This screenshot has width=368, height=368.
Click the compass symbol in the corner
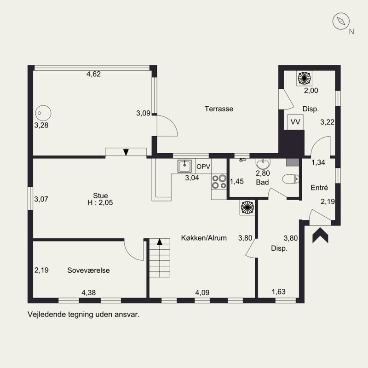pyautogui.click(x=341, y=21)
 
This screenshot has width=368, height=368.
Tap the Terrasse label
pyautogui.click(x=219, y=109)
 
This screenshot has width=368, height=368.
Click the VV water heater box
pyautogui.click(x=295, y=122)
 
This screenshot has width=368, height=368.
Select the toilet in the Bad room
pyautogui.click(x=291, y=179)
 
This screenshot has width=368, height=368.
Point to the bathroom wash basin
pyautogui.click(x=263, y=164)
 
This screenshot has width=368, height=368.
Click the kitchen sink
pyautogui.click(x=184, y=166)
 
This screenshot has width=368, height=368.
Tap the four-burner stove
pyautogui.click(x=219, y=182)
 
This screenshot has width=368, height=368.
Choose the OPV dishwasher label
pyautogui.click(x=203, y=167)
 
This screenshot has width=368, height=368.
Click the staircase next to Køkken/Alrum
pyautogui.click(x=160, y=258)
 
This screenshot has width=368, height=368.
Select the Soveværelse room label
pyautogui.click(x=88, y=270)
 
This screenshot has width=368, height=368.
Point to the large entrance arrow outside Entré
pyautogui.click(x=320, y=235)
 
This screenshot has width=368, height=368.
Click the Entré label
pyautogui.click(x=319, y=188)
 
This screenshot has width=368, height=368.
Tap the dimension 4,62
pyautogui.click(x=94, y=74)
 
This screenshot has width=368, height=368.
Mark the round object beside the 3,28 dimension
pyautogui.click(x=43, y=113)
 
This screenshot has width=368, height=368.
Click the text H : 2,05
pyautogui.click(x=100, y=202)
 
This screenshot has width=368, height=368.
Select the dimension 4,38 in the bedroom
pyautogui.click(x=88, y=293)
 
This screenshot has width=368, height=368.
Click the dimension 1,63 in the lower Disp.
pyautogui.click(x=279, y=292)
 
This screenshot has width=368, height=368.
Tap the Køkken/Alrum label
pyautogui.click(x=204, y=238)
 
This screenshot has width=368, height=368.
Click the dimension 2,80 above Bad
pyautogui.click(x=263, y=173)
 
